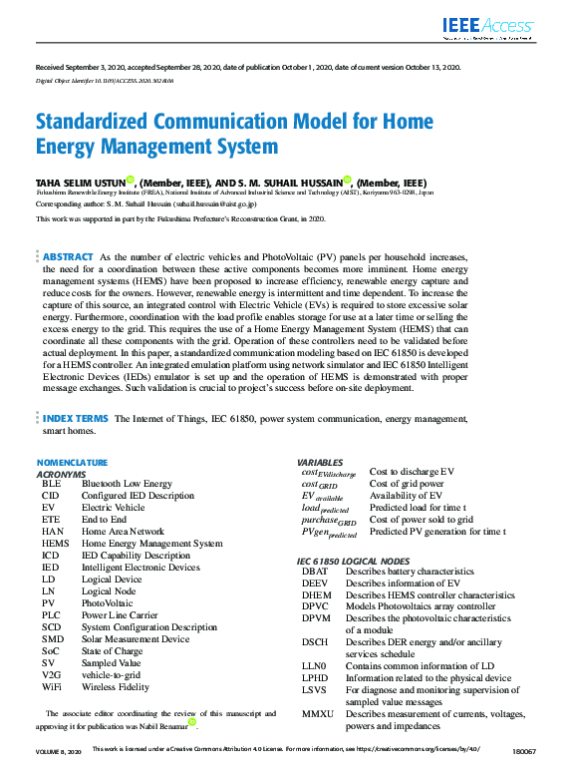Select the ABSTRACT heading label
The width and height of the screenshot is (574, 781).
coord(69,256)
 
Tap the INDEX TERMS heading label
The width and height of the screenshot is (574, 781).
coord(76,419)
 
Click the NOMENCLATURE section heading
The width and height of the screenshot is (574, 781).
coord(72,463)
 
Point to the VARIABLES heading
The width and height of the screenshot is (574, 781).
coord(321,463)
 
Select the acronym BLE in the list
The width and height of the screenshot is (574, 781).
coord(51,483)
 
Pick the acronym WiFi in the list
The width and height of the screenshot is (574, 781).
coord(52,687)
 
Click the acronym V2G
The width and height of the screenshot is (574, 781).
coord(52,675)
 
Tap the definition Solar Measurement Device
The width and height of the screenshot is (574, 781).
coord(136,639)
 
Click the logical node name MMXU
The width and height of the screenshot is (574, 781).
coord(318,714)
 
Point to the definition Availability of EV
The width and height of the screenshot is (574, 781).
coord(407,496)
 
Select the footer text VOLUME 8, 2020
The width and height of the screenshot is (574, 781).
coord(60,749)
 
